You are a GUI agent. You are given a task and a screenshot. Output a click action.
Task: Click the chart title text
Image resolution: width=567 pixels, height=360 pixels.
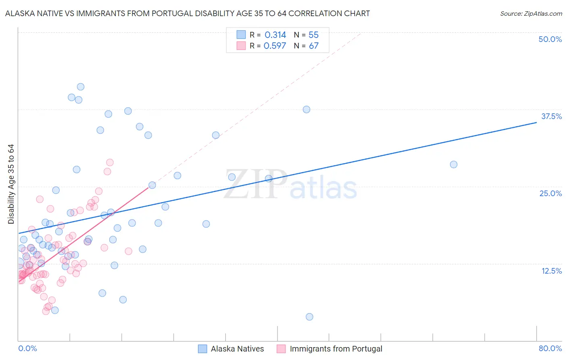pos(188,13)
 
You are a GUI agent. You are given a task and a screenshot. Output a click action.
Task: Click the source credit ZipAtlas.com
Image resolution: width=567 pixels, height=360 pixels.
pos(531,13)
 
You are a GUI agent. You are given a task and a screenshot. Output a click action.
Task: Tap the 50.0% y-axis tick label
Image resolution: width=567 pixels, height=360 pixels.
pos(550,39)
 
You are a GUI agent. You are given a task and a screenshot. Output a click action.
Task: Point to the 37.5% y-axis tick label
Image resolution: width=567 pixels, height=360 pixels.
pos(551,116)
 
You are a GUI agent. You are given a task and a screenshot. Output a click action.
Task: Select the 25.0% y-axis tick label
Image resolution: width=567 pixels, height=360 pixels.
pos(550,193)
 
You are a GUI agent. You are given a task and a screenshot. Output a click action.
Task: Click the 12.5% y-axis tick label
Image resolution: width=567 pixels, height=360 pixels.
pos(551,271)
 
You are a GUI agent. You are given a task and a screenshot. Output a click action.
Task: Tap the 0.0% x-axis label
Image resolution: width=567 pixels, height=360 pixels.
pos(27,348)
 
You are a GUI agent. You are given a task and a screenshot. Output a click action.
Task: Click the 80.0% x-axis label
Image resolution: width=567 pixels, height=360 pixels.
pos(550,348)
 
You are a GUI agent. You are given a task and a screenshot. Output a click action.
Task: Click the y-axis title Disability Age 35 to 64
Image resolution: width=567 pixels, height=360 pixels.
pos(11,184)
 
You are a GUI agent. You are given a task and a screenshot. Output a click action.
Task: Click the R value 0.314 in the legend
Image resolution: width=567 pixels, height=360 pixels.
pos(275,35)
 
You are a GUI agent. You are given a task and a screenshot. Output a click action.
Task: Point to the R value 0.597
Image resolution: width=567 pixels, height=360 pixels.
pos(275,46)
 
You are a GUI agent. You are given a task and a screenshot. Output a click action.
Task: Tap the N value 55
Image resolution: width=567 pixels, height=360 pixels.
pos(313,35)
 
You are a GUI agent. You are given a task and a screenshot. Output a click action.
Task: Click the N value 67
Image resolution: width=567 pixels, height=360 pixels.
pos(313,46)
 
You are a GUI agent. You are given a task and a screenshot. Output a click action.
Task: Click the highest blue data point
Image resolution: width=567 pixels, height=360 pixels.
pos(81,87)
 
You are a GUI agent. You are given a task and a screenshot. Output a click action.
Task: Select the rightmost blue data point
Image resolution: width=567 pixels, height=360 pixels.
pos(454,164)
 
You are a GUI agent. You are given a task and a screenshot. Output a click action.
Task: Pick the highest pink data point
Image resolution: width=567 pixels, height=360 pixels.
pos(110,162)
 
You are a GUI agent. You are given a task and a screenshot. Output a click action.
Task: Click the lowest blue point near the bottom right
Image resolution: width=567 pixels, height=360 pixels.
pos(309,317)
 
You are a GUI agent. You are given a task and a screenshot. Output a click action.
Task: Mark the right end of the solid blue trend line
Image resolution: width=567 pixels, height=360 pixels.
pos(536,122)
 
